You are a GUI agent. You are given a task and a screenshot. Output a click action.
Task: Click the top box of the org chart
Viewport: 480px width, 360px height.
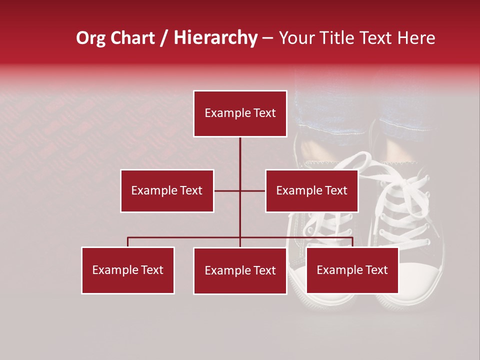[240, 113]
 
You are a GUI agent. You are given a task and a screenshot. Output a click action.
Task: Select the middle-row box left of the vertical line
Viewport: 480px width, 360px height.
[167, 190]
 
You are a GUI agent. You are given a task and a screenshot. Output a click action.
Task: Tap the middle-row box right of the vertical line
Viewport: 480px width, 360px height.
[311, 190]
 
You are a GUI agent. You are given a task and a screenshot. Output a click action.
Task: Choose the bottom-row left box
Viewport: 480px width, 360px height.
[128, 270]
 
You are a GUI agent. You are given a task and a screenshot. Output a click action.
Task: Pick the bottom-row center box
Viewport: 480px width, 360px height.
[240, 270]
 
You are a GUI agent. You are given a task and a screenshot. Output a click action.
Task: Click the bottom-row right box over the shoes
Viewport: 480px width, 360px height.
[352, 270]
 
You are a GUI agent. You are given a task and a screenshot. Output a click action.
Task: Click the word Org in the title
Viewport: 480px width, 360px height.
[90, 38]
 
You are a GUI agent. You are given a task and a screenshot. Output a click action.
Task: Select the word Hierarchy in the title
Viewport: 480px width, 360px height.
[215, 38]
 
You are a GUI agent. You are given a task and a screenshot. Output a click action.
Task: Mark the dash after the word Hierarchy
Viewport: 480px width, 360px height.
[268, 38]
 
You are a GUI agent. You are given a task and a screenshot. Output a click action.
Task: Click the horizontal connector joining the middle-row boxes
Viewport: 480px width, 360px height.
[252, 190]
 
